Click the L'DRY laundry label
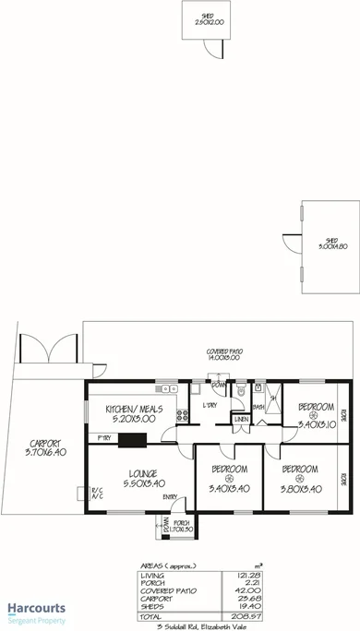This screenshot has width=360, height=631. click(x=210, y=405)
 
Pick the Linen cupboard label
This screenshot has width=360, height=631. click(x=241, y=420)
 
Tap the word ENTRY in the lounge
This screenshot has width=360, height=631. click(x=170, y=498)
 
